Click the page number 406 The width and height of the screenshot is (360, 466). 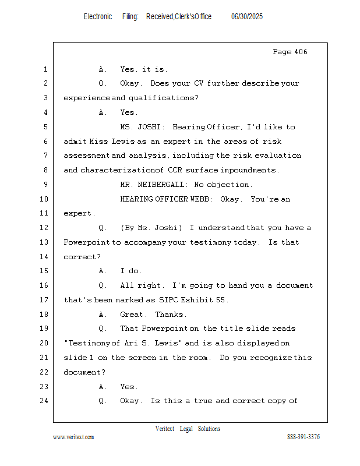(x=301, y=52)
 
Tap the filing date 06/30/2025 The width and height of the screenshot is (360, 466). (x=247, y=17)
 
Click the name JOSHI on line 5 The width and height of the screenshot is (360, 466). (x=149, y=127)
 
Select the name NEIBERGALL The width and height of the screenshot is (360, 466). (x=161, y=185)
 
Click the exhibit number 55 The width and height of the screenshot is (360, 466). (x=221, y=300)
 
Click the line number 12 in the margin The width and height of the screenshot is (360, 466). (x=44, y=228)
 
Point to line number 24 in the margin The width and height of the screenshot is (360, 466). (x=44, y=401)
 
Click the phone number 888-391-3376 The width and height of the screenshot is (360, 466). (x=303, y=437)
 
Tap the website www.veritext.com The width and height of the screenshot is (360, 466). (x=73, y=437)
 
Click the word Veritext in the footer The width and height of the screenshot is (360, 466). (x=165, y=429)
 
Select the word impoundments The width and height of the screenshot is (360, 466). (x=248, y=170)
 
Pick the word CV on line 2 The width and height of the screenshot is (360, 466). (x=199, y=83)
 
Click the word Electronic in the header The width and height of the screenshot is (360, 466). (x=98, y=17)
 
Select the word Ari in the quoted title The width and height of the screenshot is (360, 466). (x=131, y=343)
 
